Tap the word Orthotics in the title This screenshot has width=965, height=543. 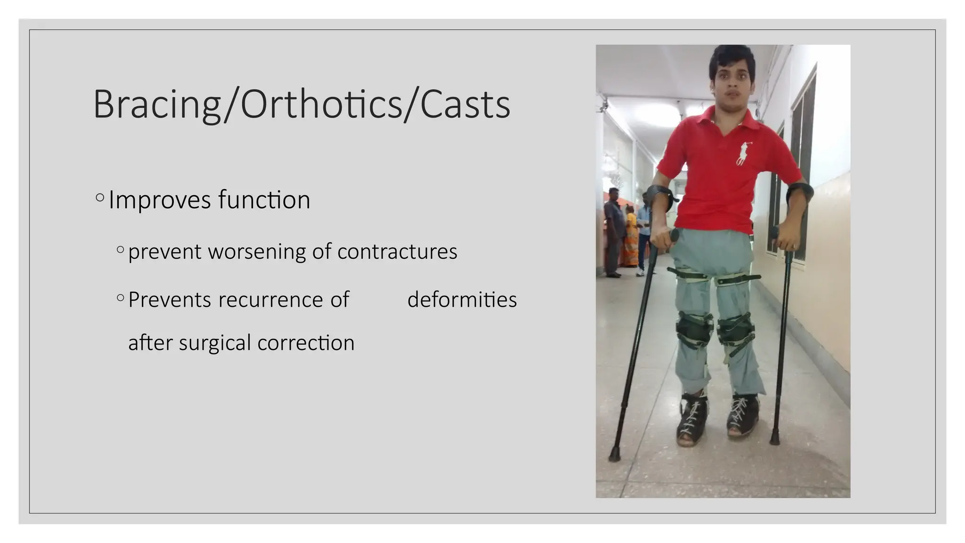[320, 105]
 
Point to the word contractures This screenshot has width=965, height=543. [397, 251]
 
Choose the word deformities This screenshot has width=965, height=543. [462, 300]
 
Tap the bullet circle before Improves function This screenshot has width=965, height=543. [99, 197]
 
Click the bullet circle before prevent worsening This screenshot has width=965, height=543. [120, 249]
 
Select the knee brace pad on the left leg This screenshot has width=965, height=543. [693, 329]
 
